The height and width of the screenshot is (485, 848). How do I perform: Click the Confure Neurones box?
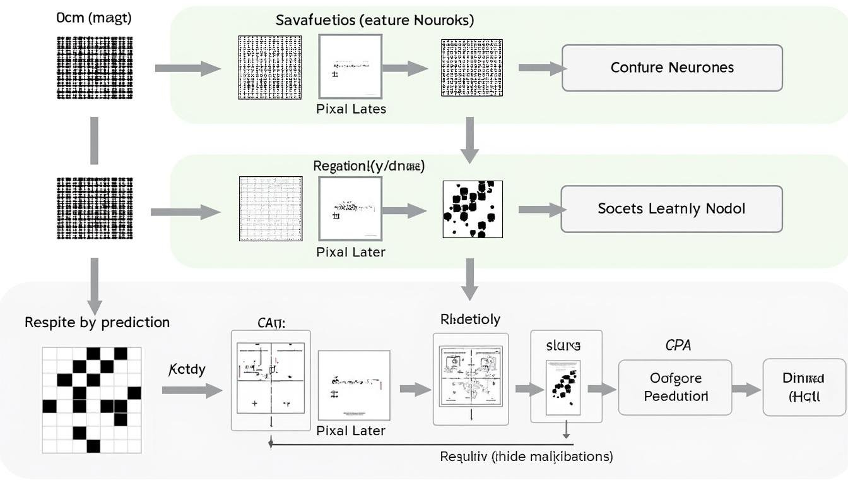pyautogui.click(x=672, y=68)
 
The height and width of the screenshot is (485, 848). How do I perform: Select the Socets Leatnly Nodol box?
pyautogui.click(x=671, y=208)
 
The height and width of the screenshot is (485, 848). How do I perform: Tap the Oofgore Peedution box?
pyautogui.click(x=674, y=387)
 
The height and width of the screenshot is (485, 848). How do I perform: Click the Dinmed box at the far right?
pyautogui.click(x=803, y=387)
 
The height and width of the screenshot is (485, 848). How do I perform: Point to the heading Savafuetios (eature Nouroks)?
pyautogui.click(x=375, y=20)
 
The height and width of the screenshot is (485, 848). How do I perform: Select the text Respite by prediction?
pyautogui.click(x=97, y=322)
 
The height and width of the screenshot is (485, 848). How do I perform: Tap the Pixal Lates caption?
pyautogui.click(x=351, y=109)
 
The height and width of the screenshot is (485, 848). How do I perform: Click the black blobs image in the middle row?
pyautogui.click(x=472, y=209)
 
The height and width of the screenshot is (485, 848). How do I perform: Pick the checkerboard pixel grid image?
pyautogui.click(x=91, y=399)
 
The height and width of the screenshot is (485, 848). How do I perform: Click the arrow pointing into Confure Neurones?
pyautogui.click(x=541, y=68)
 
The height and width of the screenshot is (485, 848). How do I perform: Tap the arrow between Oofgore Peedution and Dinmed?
pyautogui.click(x=747, y=390)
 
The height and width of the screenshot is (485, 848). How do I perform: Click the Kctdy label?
pyautogui.click(x=187, y=369)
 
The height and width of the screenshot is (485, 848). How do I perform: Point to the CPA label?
pyautogui.click(x=678, y=345)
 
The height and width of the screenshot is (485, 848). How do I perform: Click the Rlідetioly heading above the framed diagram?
pyautogui.click(x=470, y=320)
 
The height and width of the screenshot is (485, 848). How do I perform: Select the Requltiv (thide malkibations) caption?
pyautogui.click(x=526, y=456)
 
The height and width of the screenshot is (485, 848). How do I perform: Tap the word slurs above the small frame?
pyautogui.click(x=563, y=345)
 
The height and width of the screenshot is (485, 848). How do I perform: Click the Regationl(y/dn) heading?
pyautogui.click(x=369, y=166)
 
